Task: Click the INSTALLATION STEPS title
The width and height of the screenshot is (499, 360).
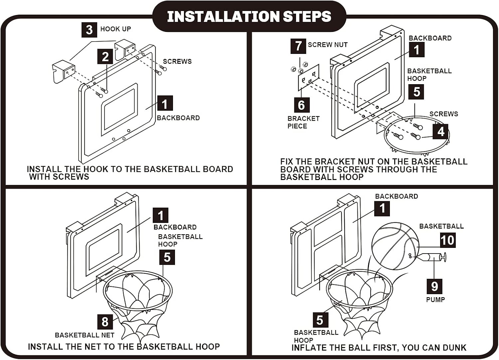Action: click(249, 16)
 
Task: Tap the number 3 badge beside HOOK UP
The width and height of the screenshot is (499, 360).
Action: click(89, 30)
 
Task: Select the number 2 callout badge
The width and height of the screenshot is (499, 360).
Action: click(105, 57)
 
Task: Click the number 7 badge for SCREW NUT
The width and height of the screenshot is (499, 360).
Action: click(298, 46)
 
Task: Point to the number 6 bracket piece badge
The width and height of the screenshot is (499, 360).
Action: click(301, 105)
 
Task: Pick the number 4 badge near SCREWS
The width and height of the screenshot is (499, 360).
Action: click(441, 131)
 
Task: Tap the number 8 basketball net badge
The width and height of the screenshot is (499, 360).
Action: click(105, 321)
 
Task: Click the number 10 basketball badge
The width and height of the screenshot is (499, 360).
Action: click(447, 240)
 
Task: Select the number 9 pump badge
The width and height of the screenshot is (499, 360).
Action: click(434, 286)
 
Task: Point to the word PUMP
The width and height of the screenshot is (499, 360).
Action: click(435, 299)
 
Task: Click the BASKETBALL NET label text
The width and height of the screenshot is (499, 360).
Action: click(84, 335)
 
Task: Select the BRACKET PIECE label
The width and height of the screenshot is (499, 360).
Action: click(303, 122)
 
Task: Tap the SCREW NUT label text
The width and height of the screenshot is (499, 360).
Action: click(328, 45)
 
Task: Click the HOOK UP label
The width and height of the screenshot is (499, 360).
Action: click(115, 29)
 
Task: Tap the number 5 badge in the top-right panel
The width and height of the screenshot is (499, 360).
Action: click(416, 92)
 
